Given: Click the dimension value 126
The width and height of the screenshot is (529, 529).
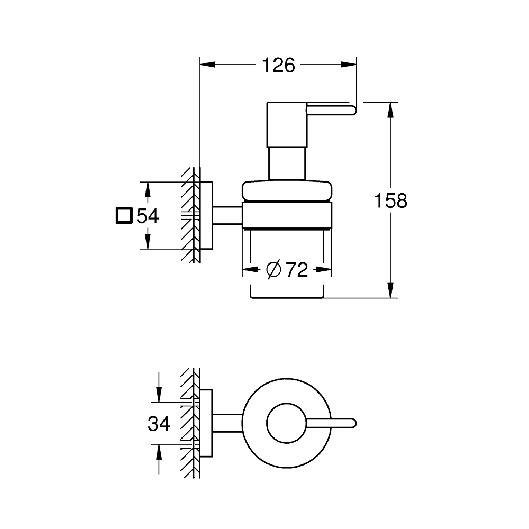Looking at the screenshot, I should click(x=278, y=66).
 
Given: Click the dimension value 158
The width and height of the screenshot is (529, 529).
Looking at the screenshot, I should click(x=390, y=201).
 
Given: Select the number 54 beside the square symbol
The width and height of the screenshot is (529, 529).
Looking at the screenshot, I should click(x=148, y=216).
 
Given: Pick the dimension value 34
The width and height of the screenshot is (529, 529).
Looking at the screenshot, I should click(x=158, y=423).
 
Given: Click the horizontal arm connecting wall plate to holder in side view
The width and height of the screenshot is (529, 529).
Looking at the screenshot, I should click(x=228, y=215).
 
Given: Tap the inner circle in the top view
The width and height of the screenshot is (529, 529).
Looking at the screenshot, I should click(x=286, y=423).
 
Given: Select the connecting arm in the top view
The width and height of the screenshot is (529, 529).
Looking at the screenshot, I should click(x=228, y=423).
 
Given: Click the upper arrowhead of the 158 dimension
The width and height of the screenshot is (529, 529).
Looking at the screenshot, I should click(x=390, y=109).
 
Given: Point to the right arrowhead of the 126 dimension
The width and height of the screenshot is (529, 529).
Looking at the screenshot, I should click(x=349, y=66).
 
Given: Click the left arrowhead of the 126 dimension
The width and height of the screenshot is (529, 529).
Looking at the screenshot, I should click(x=207, y=66).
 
